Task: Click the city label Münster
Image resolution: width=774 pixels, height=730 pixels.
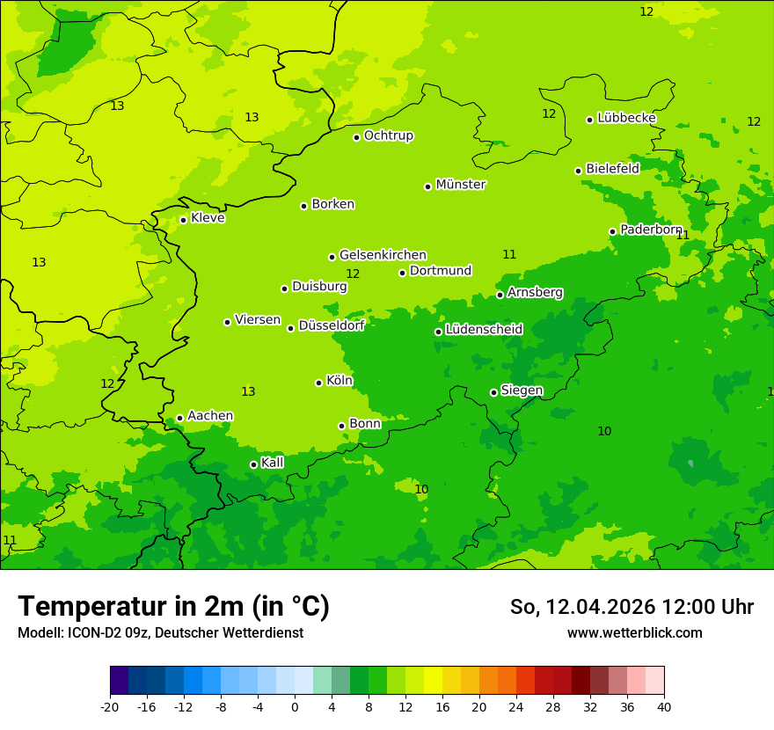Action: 461,185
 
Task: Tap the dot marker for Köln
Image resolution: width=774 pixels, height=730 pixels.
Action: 318,383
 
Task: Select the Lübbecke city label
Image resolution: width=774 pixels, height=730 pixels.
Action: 626,118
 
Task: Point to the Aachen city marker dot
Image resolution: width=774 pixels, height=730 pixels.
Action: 179,419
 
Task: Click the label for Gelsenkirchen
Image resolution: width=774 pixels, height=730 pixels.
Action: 383,255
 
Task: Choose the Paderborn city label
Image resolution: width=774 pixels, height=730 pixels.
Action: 651,230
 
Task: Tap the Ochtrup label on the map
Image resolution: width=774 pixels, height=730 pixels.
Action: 389,135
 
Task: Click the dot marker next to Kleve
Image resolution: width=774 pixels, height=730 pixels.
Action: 183,220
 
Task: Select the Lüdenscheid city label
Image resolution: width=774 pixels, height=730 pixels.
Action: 484,330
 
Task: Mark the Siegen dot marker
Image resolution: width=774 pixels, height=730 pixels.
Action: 493,392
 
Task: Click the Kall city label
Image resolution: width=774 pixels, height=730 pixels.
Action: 273,463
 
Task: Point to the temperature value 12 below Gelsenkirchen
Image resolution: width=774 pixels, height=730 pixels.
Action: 353,274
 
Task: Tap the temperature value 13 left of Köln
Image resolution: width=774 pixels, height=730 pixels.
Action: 248,392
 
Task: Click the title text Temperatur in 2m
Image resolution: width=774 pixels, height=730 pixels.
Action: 173,607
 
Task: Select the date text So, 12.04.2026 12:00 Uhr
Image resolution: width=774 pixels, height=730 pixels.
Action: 632,607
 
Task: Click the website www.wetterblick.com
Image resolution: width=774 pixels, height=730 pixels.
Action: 634,633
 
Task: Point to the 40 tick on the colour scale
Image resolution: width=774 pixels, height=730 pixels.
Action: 664,707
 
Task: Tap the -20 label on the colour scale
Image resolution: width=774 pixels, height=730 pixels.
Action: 110,707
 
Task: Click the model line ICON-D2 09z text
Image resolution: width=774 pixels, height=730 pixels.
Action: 160,633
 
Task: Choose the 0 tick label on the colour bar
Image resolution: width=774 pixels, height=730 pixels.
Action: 295,707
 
